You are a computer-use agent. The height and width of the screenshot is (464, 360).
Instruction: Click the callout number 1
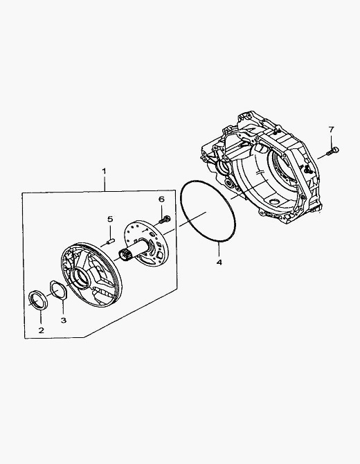click(x=104, y=171)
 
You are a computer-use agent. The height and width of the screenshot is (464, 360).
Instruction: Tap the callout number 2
click(x=41, y=330)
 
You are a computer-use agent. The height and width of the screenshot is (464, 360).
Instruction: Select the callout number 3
click(x=64, y=320)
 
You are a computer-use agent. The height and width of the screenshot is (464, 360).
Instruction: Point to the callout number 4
click(x=219, y=262)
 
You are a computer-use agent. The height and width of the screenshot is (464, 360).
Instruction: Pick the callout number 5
click(x=110, y=219)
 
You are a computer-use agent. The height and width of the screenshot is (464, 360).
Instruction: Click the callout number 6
click(x=161, y=199)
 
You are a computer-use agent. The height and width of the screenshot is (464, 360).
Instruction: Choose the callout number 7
click(x=331, y=130)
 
